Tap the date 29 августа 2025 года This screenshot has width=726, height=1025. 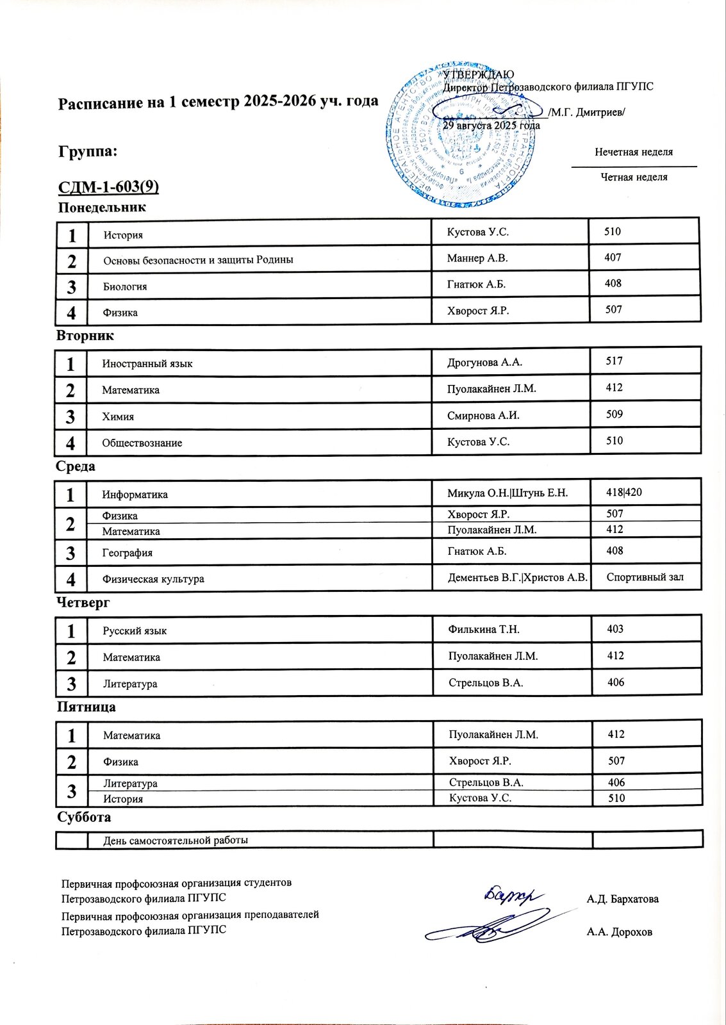click(x=491, y=126)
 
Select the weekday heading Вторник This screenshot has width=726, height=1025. click(x=85, y=336)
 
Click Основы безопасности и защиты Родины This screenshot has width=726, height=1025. click(x=198, y=260)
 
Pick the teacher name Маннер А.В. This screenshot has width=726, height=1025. click(x=477, y=258)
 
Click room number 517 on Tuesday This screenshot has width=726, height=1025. click(x=614, y=361)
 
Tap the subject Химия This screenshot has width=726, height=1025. click(x=118, y=416)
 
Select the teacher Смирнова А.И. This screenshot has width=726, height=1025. click(x=483, y=415)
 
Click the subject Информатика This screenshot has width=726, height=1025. click(x=135, y=495)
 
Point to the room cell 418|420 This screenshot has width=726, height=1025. click(x=623, y=492)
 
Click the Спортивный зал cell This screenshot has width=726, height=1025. click(x=645, y=577)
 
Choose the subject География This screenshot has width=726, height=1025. click(x=127, y=553)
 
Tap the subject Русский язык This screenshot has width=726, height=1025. click(x=135, y=631)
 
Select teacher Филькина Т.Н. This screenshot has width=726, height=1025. click(x=484, y=629)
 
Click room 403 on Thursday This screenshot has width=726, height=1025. click(x=615, y=629)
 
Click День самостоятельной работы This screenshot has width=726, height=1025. click(x=175, y=840)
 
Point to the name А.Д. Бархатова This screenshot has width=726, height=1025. click(x=622, y=899)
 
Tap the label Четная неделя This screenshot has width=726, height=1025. click(x=634, y=177)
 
